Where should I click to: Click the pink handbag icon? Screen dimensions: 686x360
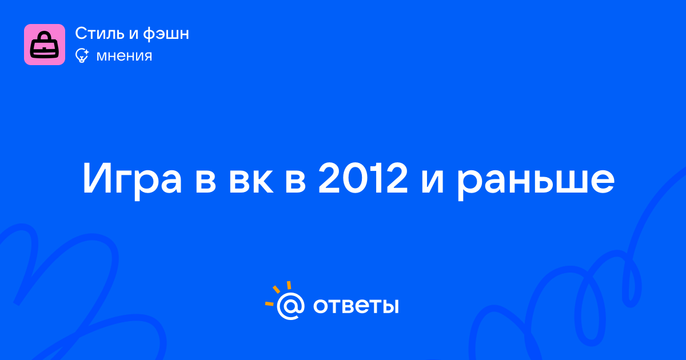tap(45, 45)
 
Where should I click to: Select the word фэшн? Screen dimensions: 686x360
tap(166, 34)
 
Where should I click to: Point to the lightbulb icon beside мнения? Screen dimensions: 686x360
tap(82, 56)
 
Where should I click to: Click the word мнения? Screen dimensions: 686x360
tap(125, 57)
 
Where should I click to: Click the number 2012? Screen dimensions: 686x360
tap(363, 178)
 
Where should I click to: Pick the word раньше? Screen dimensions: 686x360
tap(536, 182)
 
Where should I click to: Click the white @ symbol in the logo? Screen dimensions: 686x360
tap(290, 306)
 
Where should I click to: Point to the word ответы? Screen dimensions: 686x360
tap(356, 306)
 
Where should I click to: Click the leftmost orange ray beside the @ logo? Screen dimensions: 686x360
tap(269, 304)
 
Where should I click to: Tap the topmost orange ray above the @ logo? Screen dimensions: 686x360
tap(289, 285)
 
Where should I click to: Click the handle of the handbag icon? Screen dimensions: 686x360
tap(45, 36)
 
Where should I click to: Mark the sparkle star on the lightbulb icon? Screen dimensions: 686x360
tap(86, 52)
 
